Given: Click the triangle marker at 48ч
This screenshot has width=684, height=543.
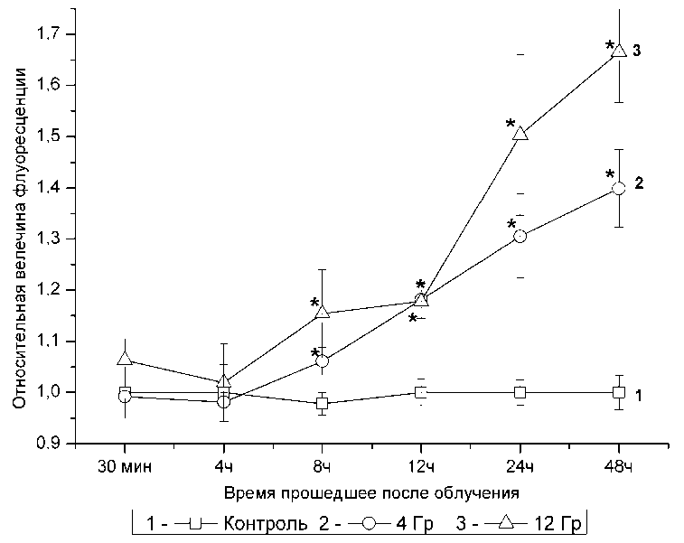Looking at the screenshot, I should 619,50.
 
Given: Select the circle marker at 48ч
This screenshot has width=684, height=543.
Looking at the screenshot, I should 619,188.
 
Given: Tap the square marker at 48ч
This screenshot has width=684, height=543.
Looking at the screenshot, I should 619,392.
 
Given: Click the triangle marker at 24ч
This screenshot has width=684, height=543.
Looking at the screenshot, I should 520,133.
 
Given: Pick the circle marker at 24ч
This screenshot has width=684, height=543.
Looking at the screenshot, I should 520,236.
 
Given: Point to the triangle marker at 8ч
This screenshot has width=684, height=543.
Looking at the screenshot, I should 323,313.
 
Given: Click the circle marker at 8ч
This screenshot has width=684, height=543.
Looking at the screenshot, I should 323,361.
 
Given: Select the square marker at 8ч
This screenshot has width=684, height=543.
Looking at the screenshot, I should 323,403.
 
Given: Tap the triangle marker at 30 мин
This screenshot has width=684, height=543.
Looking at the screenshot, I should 125,359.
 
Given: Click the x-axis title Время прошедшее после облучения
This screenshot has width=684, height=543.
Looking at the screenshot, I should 370,493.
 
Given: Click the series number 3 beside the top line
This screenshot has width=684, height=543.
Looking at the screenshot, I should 637,51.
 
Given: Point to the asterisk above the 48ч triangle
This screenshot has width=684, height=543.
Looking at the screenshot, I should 610,45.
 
